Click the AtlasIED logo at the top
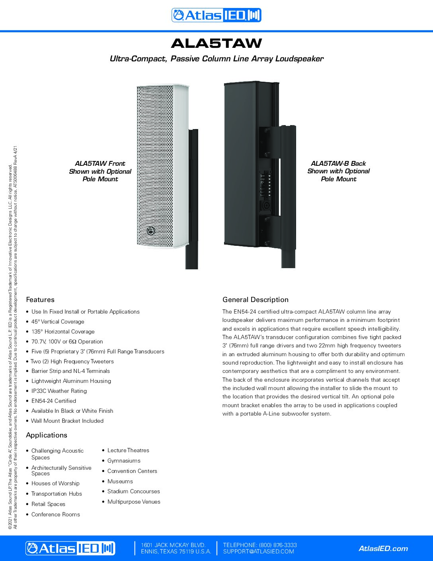(x=216, y=15)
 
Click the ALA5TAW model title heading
(x=216, y=43)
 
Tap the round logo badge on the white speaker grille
(x=151, y=231)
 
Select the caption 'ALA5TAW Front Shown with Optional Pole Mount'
(x=100, y=171)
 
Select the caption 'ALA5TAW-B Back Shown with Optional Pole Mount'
(x=338, y=171)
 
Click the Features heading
(x=40, y=300)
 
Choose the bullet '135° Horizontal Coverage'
(x=63, y=331)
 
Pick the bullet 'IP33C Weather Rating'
(x=59, y=391)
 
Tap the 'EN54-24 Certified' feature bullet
(x=54, y=401)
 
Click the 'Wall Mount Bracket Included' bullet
(x=67, y=421)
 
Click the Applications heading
(x=47, y=435)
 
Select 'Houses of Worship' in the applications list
(x=55, y=483)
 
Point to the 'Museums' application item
(x=120, y=481)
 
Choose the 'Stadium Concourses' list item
(x=134, y=491)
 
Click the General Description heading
(x=256, y=300)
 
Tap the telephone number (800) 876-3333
(x=278, y=545)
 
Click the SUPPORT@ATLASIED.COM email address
(x=259, y=552)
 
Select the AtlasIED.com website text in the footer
(x=383, y=549)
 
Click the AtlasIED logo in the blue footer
(x=70, y=548)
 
